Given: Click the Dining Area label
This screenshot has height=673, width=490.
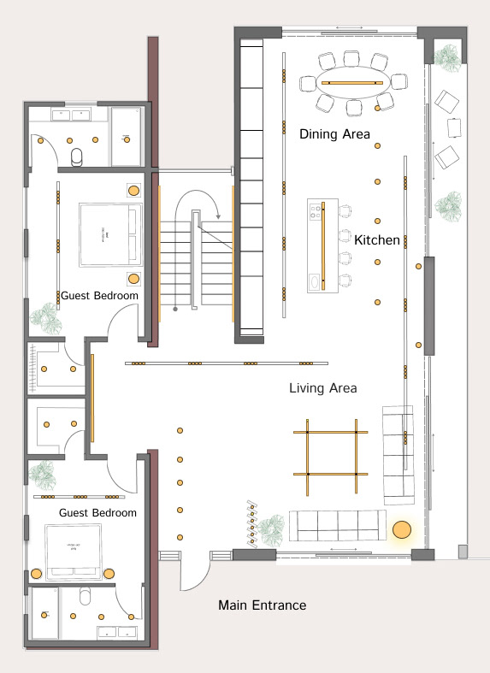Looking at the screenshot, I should coord(334,134).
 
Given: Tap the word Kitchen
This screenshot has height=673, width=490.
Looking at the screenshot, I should coord(377,240).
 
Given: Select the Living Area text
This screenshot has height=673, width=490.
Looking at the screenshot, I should coord(322,388).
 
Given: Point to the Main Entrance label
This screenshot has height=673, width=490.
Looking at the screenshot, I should coord(262,605).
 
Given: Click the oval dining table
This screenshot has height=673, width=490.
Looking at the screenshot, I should coord(352,82).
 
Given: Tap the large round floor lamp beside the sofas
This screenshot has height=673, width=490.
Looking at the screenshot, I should coord(401,531).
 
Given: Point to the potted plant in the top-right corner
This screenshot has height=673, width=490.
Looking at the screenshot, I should coord(446,56).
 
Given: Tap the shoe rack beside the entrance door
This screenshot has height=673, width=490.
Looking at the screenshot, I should coord(252,522).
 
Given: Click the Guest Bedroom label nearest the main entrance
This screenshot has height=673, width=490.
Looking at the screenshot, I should coord(97,512).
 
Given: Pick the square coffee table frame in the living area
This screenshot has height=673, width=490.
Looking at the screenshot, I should coord(331,453).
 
